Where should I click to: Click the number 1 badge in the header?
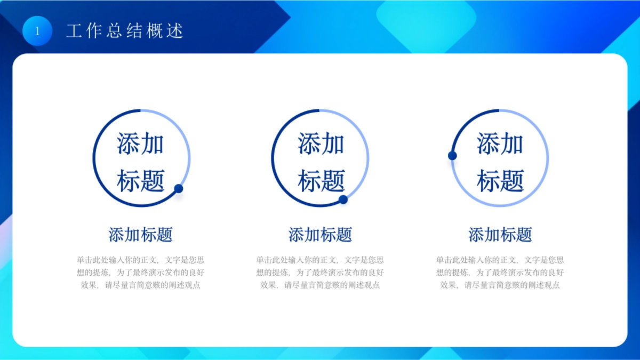click(x=37, y=31)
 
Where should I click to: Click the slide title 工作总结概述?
click(x=124, y=31)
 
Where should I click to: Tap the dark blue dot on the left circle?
click(x=179, y=188)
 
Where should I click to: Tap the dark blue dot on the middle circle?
click(x=343, y=199)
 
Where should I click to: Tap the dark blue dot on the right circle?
click(x=452, y=156)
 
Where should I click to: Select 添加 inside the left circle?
click(x=140, y=144)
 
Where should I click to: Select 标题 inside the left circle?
click(x=140, y=181)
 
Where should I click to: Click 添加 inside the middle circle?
click(x=321, y=144)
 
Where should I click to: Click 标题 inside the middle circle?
click(x=321, y=181)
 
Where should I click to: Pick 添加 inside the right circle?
click(x=500, y=144)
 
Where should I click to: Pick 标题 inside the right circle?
click(x=500, y=181)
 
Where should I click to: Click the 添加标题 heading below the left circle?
click(x=140, y=235)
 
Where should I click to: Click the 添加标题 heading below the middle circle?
click(x=320, y=235)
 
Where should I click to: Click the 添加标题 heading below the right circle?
click(x=500, y=235)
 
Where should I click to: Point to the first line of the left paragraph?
click(x=140, y=260)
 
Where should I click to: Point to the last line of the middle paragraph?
click(x=320, y=285)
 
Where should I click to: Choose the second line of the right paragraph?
click(x=500, y=273)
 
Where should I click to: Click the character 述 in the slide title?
click(x=175, y=31)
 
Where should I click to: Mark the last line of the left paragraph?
click(x=140, y=285)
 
